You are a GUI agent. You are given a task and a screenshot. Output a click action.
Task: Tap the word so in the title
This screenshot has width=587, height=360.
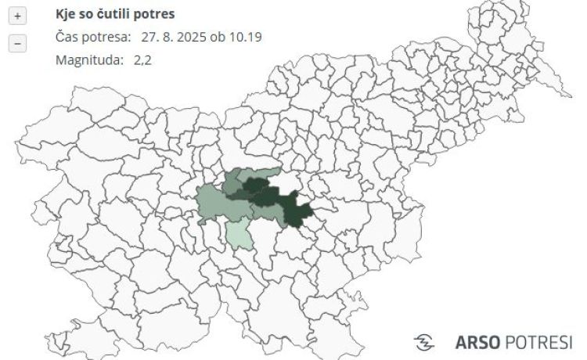pos(88,14)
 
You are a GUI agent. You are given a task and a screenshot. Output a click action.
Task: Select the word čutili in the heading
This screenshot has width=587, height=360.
pos(115,14)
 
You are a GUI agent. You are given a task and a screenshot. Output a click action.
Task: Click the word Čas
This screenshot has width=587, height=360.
pos(67,37)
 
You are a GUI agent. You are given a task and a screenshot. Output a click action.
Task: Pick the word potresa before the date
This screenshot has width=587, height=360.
pos(104,37)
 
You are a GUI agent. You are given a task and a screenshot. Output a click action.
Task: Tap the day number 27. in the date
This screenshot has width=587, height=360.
pos(150,37)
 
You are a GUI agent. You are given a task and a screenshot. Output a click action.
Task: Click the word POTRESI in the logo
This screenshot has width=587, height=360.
pos(539,342)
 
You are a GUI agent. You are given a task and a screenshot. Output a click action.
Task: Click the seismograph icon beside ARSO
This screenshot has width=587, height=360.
pos(424,342)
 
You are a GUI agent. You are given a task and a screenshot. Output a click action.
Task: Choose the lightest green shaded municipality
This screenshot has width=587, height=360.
pos(239,234)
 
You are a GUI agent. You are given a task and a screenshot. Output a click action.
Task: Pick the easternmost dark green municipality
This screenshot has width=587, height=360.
pos(298,210)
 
